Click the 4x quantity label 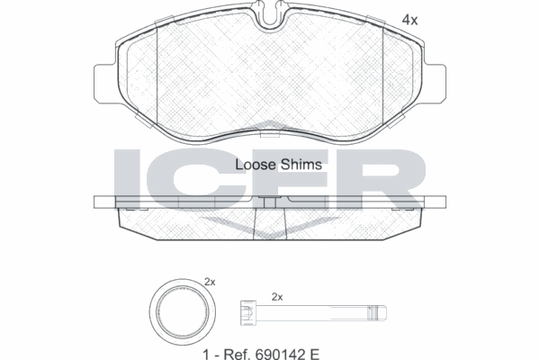click(409, 21)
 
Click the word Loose click(256, 165)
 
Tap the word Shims click(301, 165)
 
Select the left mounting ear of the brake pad click(105, 84)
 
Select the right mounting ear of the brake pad click(435, 84)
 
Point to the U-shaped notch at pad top click(270, 14)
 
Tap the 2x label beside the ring click(210, 282)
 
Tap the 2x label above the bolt click(277, 297)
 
